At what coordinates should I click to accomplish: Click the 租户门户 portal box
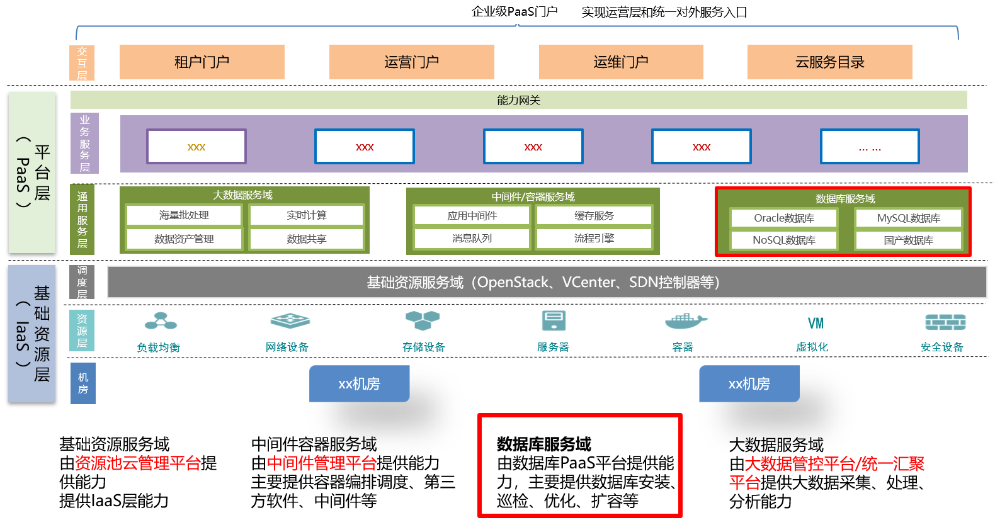pos(202,62)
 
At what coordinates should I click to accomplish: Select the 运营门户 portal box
pos(411,62)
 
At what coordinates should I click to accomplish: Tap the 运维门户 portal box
pos(620,62)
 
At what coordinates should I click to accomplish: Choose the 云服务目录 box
pos(829,62)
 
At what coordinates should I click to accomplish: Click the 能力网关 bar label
pos(518,100)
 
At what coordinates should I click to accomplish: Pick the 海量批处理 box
pos(184,215)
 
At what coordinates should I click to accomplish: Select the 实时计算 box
pos(307,215)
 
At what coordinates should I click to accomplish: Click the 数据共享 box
pos(307,239)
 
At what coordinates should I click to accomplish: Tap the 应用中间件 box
pos(472,216)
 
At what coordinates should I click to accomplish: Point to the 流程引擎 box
pos(594,239)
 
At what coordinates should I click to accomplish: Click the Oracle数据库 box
pos(784,218)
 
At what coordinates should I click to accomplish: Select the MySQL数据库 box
pos(908,218)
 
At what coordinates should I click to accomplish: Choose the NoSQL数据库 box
pos(784,240)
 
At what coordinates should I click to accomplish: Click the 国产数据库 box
pos(908,240)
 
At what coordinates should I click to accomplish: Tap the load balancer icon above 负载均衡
pos(161,321)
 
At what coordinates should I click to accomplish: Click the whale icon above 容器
pos(685,321)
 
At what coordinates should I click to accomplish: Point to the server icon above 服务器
pos(554,320)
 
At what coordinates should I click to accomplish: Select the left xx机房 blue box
pos(359,384)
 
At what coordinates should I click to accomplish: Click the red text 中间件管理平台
pos(322,464)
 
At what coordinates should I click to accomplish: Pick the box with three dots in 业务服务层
pos(870,147)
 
